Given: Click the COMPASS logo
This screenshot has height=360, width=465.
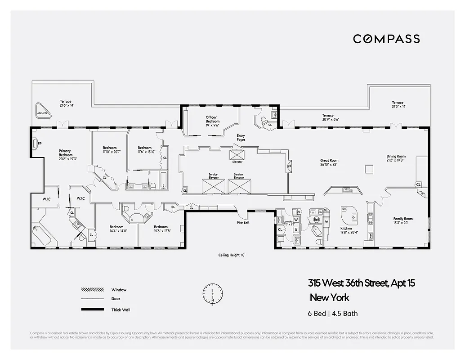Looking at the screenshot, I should (x=386, y=39).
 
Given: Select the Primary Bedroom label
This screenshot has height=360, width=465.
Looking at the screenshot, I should (x=65, y=153).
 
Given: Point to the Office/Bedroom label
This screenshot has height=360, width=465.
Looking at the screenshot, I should (x=213, y=119).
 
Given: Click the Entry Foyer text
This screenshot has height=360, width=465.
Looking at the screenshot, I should (x=241, y=138).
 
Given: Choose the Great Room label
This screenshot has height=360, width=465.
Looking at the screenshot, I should (x=329, y=162).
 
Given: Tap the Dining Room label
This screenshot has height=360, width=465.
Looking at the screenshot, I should (x=396, y=158).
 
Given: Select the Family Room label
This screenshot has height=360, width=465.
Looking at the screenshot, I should (x=403, y=220).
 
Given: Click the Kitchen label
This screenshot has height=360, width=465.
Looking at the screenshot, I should (x=346, y=230).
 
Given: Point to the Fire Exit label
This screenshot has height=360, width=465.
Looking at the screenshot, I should (x=243, y=222).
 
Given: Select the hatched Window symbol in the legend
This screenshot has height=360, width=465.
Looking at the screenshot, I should (x=92, y=289).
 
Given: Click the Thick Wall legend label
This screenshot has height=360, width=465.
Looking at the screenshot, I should (x=121, y=310).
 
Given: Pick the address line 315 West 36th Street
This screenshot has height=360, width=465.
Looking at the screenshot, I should (x=361, y=283).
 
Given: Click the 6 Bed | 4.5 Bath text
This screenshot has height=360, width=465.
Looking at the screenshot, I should (x=333, y=314).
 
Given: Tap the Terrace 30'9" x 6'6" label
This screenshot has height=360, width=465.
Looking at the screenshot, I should (x=331, y=117).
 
